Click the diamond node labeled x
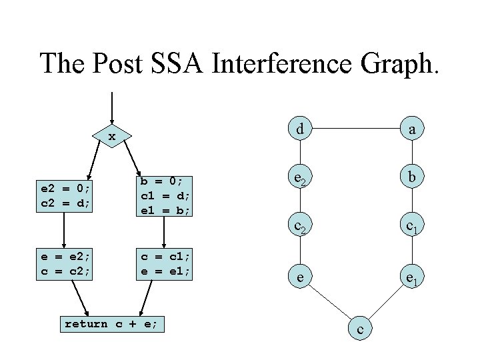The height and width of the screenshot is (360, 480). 112,137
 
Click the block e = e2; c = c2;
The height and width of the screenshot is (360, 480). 64,263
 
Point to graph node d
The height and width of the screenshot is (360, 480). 301,129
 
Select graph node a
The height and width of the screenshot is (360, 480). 413,129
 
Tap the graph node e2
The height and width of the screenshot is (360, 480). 301,179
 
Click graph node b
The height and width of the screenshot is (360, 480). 413,179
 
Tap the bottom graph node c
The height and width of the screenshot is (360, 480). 359,330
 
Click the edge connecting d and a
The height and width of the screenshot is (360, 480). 357,129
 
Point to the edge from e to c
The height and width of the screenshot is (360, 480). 330,304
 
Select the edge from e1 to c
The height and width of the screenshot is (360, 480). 387,304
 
